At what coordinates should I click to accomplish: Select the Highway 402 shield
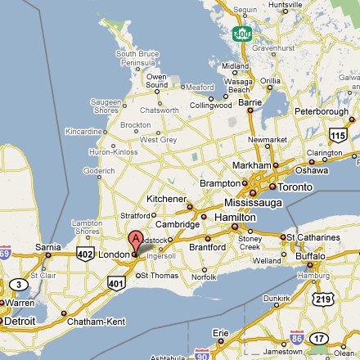click(84, 254)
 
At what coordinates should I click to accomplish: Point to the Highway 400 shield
click(241, 33)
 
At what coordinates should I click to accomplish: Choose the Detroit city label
click(20, 322)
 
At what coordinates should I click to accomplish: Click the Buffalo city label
click(312, 256)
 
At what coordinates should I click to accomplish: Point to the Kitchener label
click(167, 199)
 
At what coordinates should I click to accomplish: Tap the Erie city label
click(221, 333)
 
